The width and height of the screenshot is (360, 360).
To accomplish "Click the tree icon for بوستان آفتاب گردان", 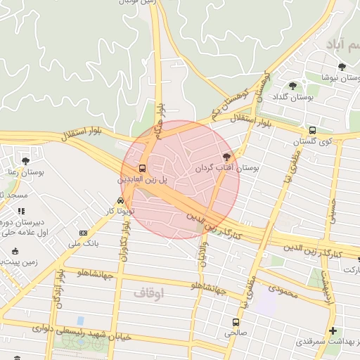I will (226, 157).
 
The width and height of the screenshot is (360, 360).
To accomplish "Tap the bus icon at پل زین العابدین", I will (143, 169).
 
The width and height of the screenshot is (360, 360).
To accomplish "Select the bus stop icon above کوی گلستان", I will (313, 130).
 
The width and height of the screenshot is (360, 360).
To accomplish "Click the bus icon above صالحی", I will (236, 322).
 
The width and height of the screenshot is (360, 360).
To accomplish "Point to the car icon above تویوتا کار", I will (121, 200).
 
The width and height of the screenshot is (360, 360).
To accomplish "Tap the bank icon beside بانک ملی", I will (84, 233).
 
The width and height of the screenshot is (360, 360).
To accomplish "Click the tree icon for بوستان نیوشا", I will (342, 67).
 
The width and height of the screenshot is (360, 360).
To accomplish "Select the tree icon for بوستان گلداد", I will (292, 86).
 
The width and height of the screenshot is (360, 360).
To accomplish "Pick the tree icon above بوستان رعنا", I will (26, 161).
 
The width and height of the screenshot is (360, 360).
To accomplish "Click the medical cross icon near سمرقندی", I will (333, 331).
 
